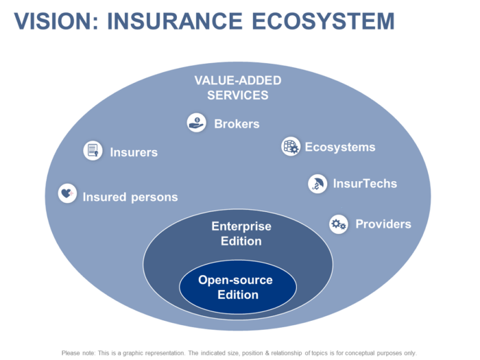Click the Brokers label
237,124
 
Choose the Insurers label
134,152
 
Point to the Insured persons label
130,197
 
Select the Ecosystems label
340,147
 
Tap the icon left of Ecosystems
291,146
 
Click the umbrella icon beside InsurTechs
317,183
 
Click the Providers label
383,224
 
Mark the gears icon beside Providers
338,224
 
